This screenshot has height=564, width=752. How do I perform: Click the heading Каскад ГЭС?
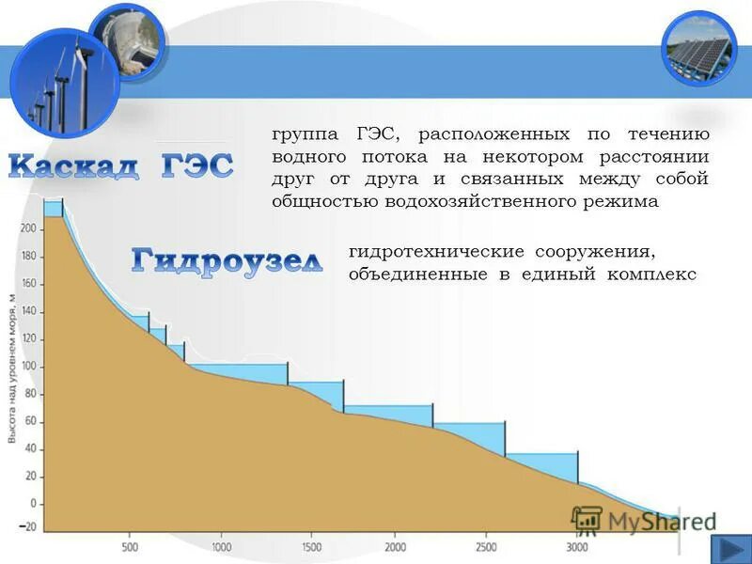click(120, 166)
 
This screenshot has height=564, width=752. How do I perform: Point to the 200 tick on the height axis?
click(28, 228)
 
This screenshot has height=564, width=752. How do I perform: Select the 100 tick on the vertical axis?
click(28, 366)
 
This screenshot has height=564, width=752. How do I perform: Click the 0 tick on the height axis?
click(32, 504)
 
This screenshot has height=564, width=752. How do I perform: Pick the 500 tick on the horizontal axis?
click(131, 547)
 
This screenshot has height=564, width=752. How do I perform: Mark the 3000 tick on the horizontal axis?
click(577, 547)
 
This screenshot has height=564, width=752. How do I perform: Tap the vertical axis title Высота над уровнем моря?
click(12, 367)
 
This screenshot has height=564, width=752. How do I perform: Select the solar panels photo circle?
click(699, 48)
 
